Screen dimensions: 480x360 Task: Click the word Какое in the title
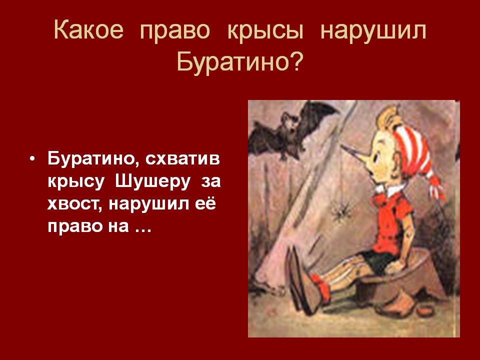tap(89, 30)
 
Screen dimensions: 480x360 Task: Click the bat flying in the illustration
tap(291, 131)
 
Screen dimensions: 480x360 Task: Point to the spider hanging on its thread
tap(341, 211)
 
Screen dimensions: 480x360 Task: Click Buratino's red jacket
tap(390, 220)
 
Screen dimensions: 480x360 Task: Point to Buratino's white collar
tap(389, 189)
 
